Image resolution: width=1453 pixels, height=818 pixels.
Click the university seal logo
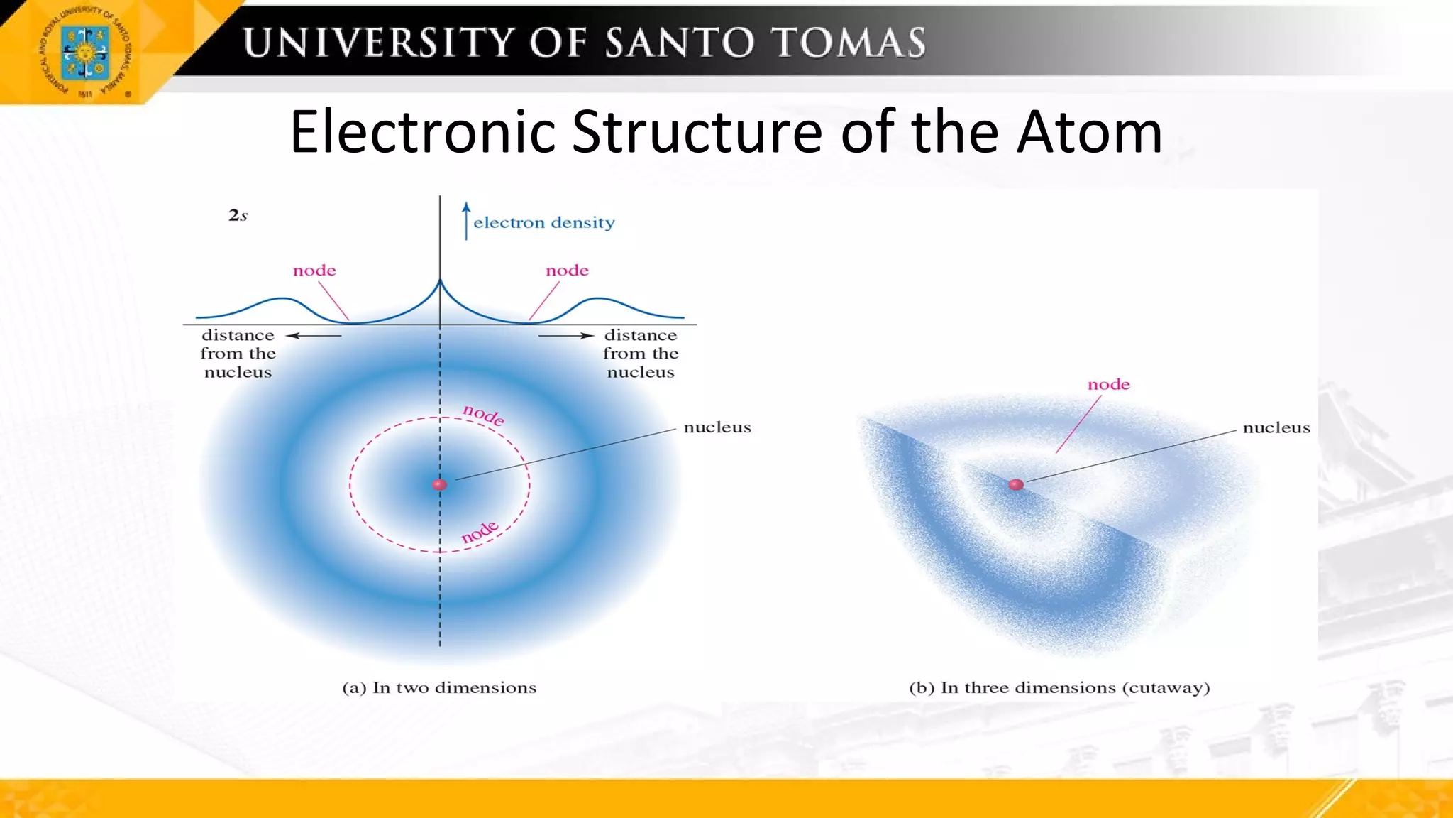(85, 53)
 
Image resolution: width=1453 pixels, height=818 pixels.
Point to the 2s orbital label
(238, 215)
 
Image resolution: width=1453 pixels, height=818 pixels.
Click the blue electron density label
(544, 223)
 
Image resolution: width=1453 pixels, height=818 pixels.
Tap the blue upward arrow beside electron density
(466, 221)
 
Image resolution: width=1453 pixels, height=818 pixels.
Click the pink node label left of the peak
(314, 271)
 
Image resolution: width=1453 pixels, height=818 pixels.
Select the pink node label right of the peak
(567, 271)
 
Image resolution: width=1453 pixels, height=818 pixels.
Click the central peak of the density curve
(440, 283)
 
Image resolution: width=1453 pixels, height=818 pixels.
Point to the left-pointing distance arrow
(313, 335)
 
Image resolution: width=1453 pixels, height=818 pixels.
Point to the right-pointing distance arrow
(565, 335)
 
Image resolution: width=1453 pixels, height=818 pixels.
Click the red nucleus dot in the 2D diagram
(440, 484)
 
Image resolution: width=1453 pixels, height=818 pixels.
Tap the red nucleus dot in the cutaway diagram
(1016, 484)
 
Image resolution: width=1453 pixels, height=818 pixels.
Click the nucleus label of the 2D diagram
(717, 427)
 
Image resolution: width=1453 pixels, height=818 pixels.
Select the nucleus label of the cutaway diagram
(1276, 427)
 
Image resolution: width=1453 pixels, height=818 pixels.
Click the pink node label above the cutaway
(1109, 385)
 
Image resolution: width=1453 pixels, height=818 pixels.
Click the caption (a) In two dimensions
(439, 687)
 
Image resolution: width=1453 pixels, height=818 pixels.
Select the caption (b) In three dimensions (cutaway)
(1059, 687)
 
